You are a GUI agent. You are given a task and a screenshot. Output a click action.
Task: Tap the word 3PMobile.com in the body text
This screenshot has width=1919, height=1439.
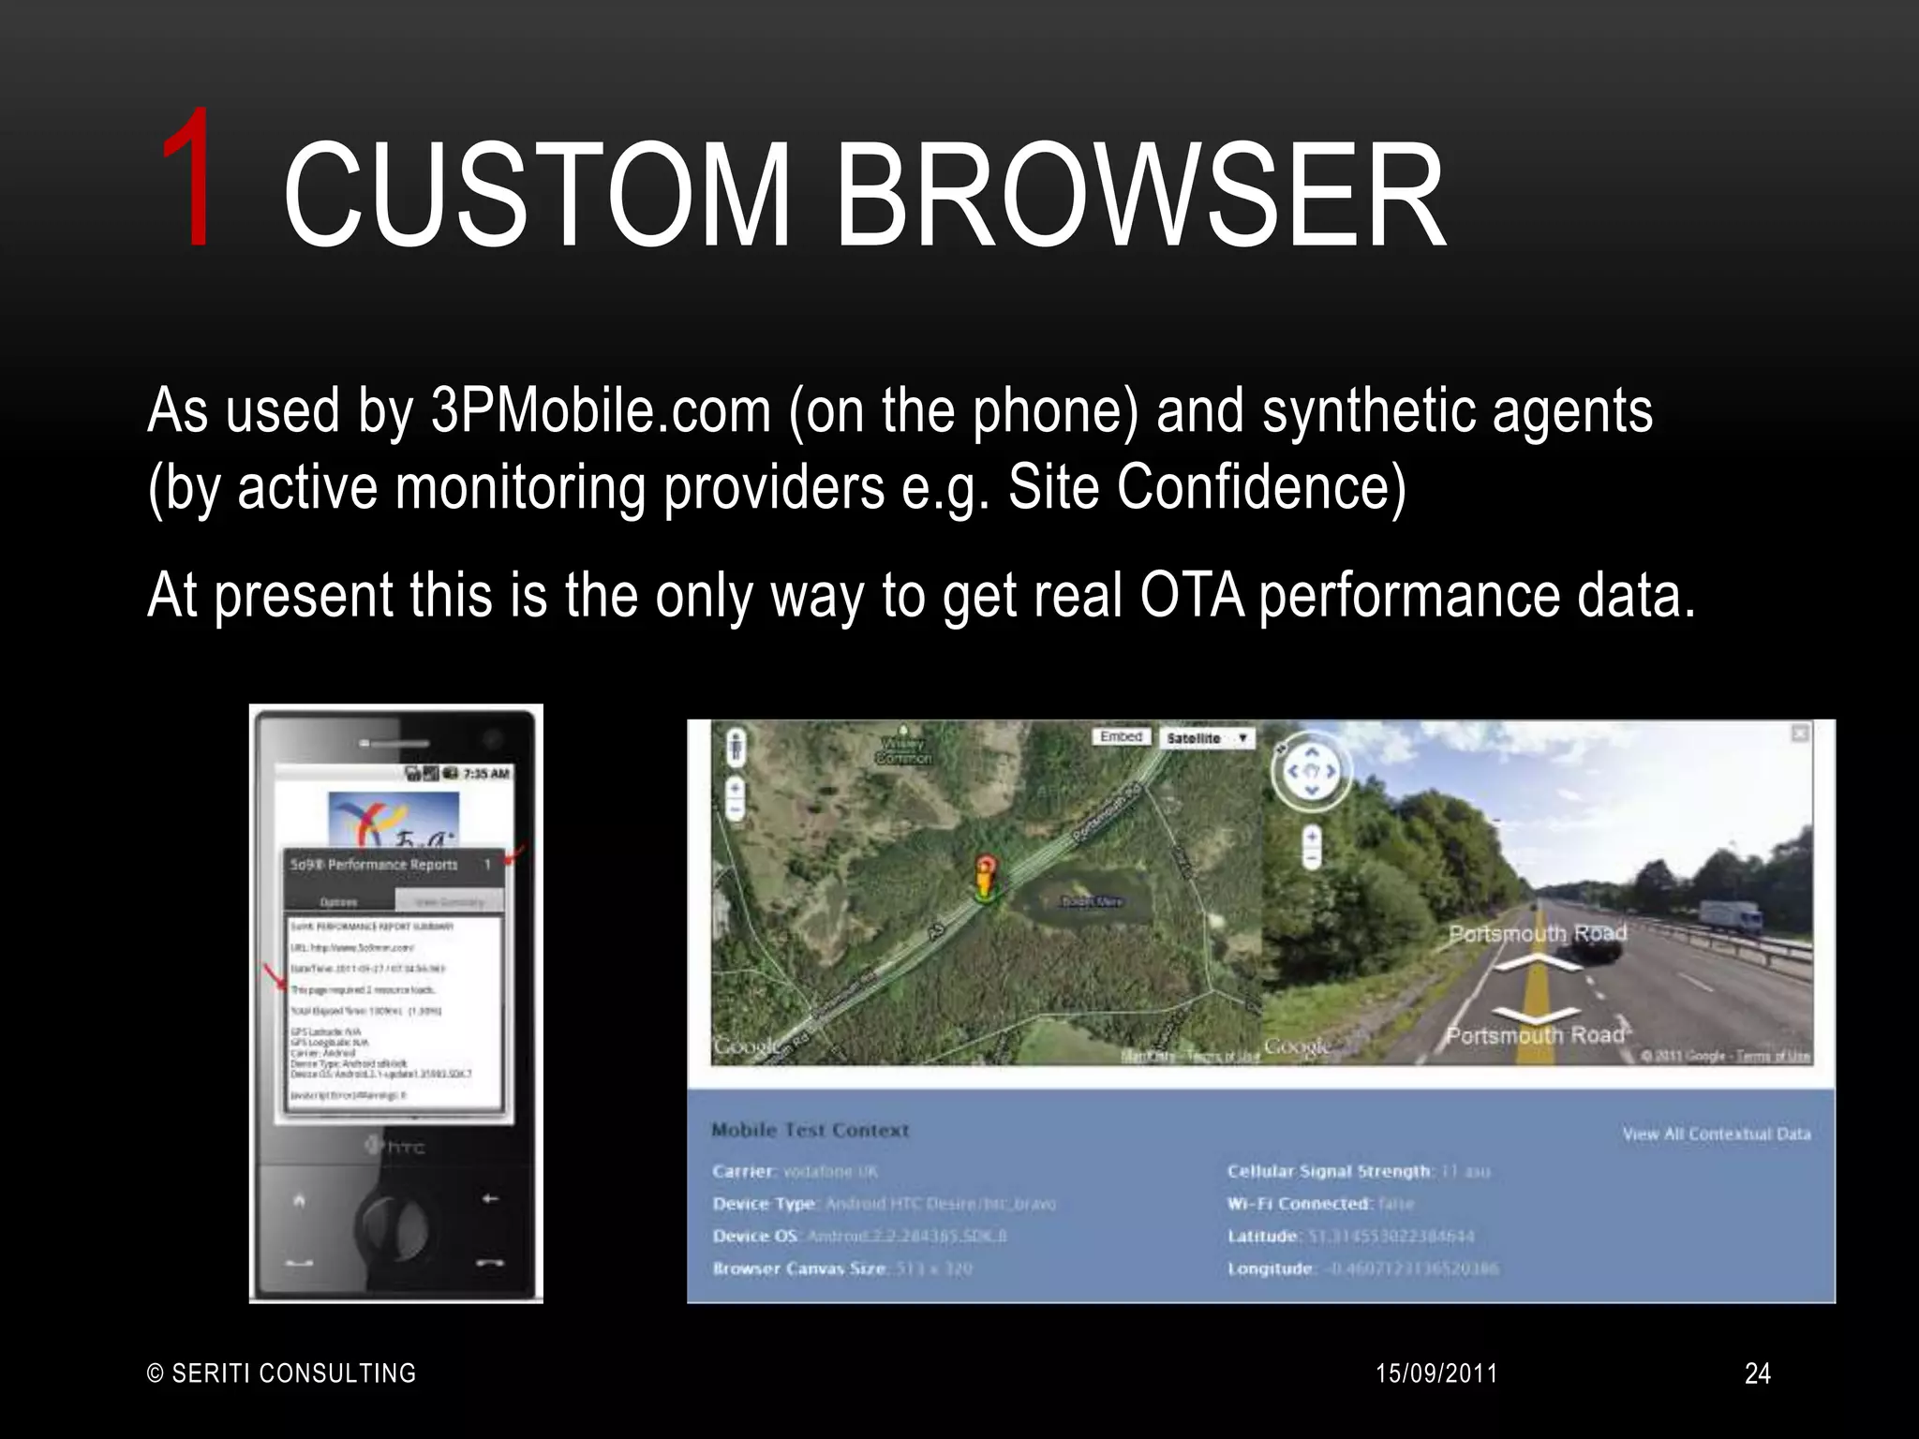coord(600,411)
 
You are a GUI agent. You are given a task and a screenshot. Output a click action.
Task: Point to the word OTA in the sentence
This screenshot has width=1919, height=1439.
coord(1191,595)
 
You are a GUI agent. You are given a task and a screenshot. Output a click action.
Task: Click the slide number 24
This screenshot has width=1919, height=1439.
coord(1757,1373)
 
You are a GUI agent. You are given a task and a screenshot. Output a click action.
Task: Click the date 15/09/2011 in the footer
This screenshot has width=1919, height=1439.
coord(1436,1373)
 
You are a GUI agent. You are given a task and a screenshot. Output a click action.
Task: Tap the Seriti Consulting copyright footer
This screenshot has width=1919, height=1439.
coord(281,1373)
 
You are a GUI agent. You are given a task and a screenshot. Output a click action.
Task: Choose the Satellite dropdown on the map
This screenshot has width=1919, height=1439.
coord(1206,738)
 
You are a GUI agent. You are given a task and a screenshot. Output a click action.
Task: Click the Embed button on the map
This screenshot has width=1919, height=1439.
coord(1121,737)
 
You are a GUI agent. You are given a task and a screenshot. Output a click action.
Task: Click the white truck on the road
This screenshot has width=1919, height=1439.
coord(1730,916)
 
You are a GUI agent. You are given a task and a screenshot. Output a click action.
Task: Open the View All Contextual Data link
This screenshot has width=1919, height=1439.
coord(1716,1134)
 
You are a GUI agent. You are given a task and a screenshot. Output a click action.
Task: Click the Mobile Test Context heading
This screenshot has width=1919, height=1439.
coord(810,1130)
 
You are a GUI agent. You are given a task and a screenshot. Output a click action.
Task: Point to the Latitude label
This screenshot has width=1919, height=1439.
coord(1263,1237)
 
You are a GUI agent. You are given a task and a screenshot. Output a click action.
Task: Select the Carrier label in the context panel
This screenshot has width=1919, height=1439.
coord(744,1171)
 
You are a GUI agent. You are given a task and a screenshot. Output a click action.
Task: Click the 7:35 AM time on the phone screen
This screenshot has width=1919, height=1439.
coord(485,774)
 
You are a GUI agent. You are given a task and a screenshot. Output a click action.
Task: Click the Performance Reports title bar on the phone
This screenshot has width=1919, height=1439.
coord(375,865)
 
